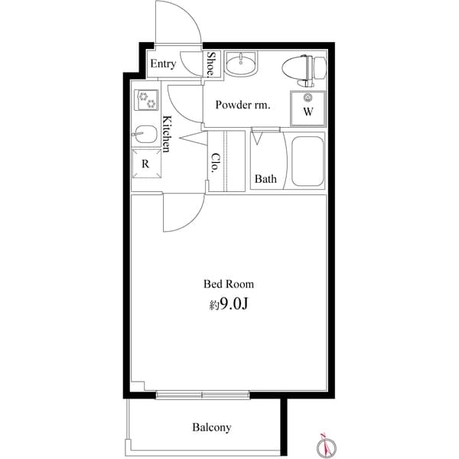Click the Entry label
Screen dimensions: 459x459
point(162,64)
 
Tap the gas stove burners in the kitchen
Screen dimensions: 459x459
point(146,99)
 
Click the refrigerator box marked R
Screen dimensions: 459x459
point(145,163)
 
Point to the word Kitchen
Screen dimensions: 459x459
point(166,134)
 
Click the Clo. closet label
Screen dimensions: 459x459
point(216,162)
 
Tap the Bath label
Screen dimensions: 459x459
point(265,180)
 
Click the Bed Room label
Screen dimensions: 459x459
point(229,284)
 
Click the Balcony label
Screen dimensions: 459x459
point(212,428)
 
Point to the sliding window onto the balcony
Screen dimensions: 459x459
point(203,396)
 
